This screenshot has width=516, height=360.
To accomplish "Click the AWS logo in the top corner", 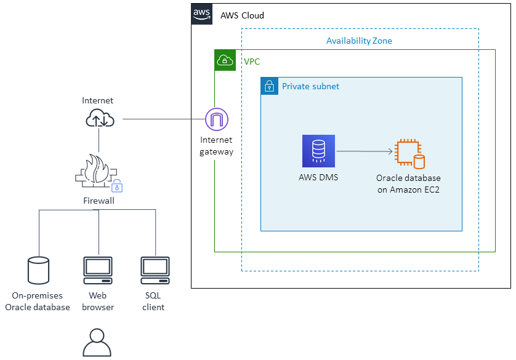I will [x=202, y=14].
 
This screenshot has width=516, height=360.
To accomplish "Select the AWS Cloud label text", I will [x=242, y=15].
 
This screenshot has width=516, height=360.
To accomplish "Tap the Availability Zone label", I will [x=359, y=41].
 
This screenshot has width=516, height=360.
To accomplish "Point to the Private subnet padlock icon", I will [x=269, y=86].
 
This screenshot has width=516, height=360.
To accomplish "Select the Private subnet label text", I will [x=310, y=87].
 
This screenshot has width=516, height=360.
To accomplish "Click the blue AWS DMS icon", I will [x=318, y=151].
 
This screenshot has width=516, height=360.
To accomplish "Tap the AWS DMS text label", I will [x=318, y=178].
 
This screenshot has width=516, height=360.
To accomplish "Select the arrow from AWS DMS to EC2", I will [x=365, y=151].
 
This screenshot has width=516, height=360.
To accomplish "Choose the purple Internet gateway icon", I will [x=216, y=119].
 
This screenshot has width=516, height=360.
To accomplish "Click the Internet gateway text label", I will [x=216, y=146].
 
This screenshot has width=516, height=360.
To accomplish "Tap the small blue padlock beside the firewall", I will [x=117, y=186].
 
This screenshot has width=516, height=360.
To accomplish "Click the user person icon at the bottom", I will [x=97, y=343].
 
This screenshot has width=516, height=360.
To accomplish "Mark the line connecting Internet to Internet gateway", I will [x=163, y=119].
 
